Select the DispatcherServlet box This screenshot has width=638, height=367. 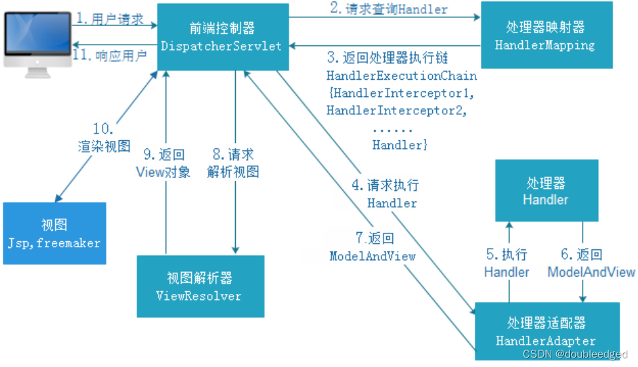223,37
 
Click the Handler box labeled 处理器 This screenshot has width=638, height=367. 545,191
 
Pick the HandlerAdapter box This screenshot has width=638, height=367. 547,331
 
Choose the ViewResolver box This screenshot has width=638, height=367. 199,287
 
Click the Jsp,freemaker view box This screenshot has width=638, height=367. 54,233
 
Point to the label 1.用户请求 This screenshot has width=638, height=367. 109,19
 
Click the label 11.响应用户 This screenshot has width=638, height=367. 109,55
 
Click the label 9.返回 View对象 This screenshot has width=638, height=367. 163,164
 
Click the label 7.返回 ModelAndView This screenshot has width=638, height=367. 372,247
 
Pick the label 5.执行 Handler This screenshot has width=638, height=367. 507,263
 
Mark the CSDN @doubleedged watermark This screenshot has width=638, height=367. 574,355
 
